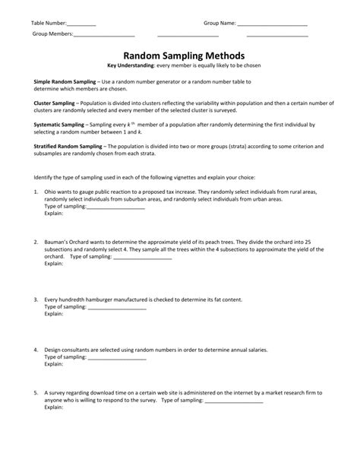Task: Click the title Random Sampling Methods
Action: click(179, 55)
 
